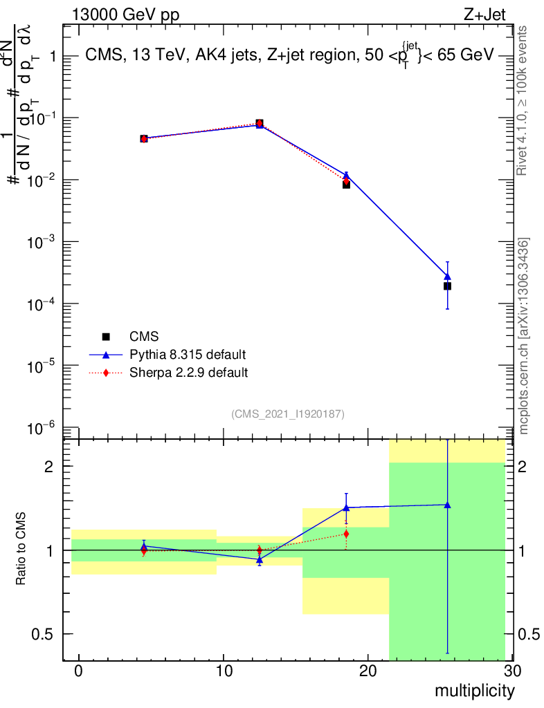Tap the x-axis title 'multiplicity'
pos(474,691)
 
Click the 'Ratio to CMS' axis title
pos(22,550)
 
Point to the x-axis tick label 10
pos(224,671)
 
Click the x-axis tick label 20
pos(368,671)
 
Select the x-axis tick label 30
pos(511,671)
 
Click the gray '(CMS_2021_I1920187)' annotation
pos(288,413)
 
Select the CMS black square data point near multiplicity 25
pos(448,286)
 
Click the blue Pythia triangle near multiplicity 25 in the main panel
pos(448,277)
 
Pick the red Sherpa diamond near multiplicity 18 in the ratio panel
pos(346,534)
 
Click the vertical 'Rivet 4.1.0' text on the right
pos(524,100)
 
